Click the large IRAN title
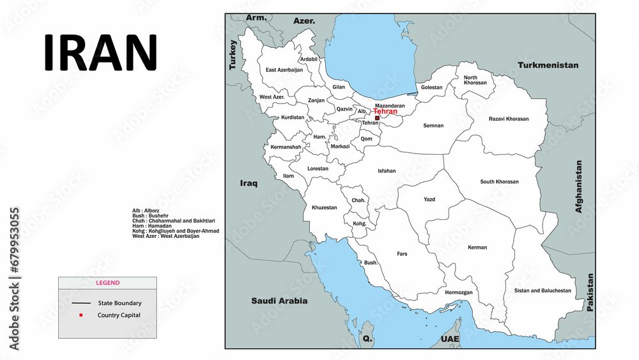(x=100, y=52)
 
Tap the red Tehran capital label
(x=385, y=111)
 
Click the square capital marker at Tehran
(x=377, y=118)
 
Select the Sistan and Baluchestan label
(x=543, y=290)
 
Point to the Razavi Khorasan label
(x=509, y=119)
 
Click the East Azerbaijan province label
(x=284, y=70)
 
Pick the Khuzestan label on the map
(x=324, y=207)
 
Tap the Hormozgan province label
(x=459, y=292)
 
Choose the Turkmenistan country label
(x=548, y=65)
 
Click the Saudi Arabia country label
(x=279, y=301)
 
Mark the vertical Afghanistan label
(x=579, y=186)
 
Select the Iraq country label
(x=249, y=184)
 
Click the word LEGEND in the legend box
(x=107, y=283)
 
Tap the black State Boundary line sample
(x=81, y=303)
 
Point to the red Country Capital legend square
(x=81, y=315)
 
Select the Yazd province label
(x=429, y=200)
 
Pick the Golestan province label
(x=431, y=87)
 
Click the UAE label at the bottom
(x=449, y=339)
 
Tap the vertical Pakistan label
(x=590, y=292)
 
